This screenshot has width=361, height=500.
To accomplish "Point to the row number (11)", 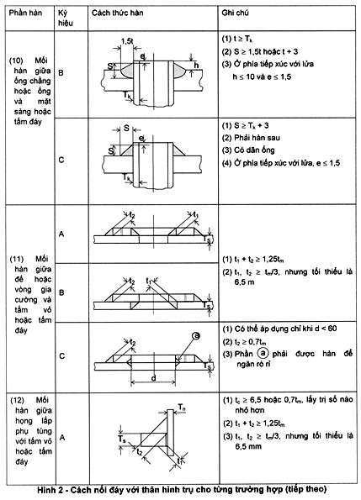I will [x=18, y=259].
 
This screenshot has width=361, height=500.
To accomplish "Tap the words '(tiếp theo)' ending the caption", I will [x=296, y=488].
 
